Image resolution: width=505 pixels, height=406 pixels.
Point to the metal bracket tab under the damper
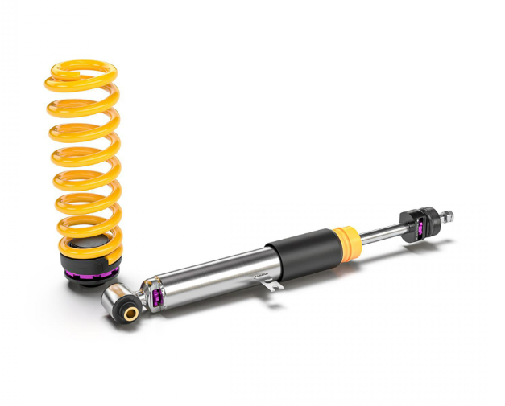pos(274,284)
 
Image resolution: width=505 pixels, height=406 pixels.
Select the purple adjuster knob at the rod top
pos(420,228)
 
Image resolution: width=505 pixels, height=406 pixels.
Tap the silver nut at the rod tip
pos(447,216)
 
